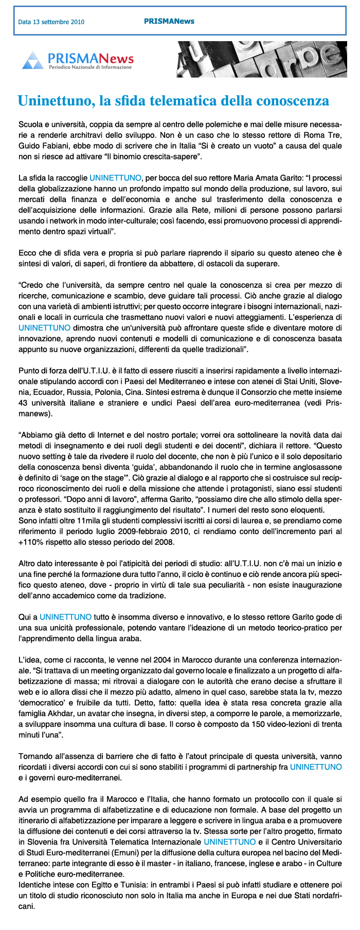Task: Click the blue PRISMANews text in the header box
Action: [169, 21]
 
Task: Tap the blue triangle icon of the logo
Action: [32, 60]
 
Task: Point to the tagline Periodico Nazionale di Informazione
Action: [90, 67]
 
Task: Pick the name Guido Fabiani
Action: [40, 146]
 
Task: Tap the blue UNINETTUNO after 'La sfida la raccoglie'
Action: [115, 178]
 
